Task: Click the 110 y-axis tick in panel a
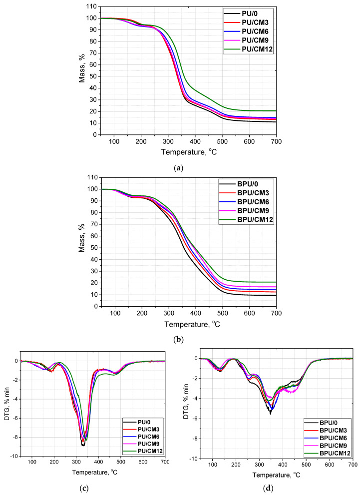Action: coord(90,6)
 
